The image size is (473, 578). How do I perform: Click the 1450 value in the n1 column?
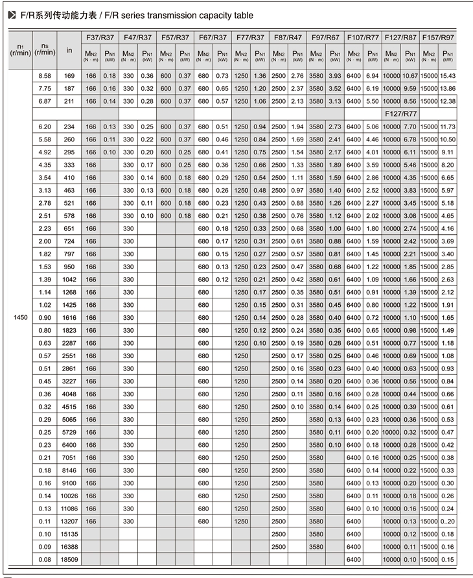pos(21,318)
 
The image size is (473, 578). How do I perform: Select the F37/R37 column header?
pos(100,37)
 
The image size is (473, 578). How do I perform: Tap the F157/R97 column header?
pos(438,37)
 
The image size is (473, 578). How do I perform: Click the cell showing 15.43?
pos(448,76)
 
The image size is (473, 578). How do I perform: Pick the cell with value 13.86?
pos(448,88)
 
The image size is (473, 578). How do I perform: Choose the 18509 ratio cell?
pos(68,559)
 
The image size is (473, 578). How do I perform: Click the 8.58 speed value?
pos(45,76)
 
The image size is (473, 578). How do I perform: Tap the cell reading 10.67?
pos(410,76)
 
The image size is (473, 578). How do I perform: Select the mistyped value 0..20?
pos(448,521)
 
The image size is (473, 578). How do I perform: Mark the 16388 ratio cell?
pos(68,546)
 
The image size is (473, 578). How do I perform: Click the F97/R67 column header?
pos(325,37)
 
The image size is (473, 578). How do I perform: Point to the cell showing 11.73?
pos(448,126)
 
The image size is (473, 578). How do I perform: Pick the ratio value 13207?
pos(68,521)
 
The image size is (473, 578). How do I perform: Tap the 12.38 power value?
pos(448,101)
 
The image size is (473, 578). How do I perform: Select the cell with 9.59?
pos(410,88)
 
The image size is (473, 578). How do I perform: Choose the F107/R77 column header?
pos(363,37)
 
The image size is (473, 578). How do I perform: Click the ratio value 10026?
pos(68,496)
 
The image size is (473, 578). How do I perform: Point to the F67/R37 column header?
pos(213,37)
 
